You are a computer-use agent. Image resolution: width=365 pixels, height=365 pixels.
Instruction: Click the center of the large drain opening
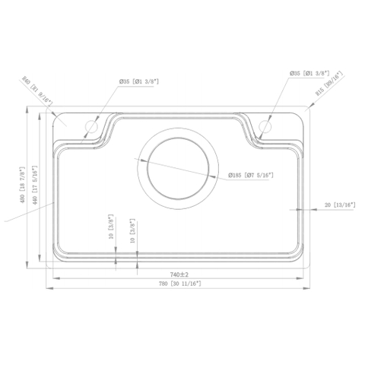(180, 168)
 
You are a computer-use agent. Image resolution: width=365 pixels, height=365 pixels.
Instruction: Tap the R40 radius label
(36, 90)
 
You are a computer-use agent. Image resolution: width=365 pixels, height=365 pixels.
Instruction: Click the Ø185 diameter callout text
(251, 176)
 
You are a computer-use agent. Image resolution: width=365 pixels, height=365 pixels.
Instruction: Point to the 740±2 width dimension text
(179, 274)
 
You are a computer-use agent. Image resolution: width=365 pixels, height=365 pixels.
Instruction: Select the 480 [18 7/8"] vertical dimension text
(24, 186)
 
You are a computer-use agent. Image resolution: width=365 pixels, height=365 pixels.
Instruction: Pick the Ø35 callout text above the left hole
(138, 81)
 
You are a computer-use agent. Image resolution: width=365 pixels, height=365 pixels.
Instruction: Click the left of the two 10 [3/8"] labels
(111, 227)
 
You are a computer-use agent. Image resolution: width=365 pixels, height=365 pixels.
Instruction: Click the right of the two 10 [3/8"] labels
(132, 230)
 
